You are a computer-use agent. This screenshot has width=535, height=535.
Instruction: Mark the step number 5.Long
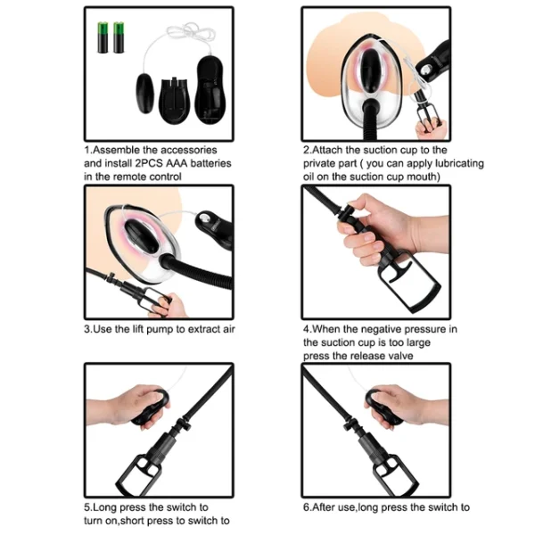(x=103, y=506)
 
